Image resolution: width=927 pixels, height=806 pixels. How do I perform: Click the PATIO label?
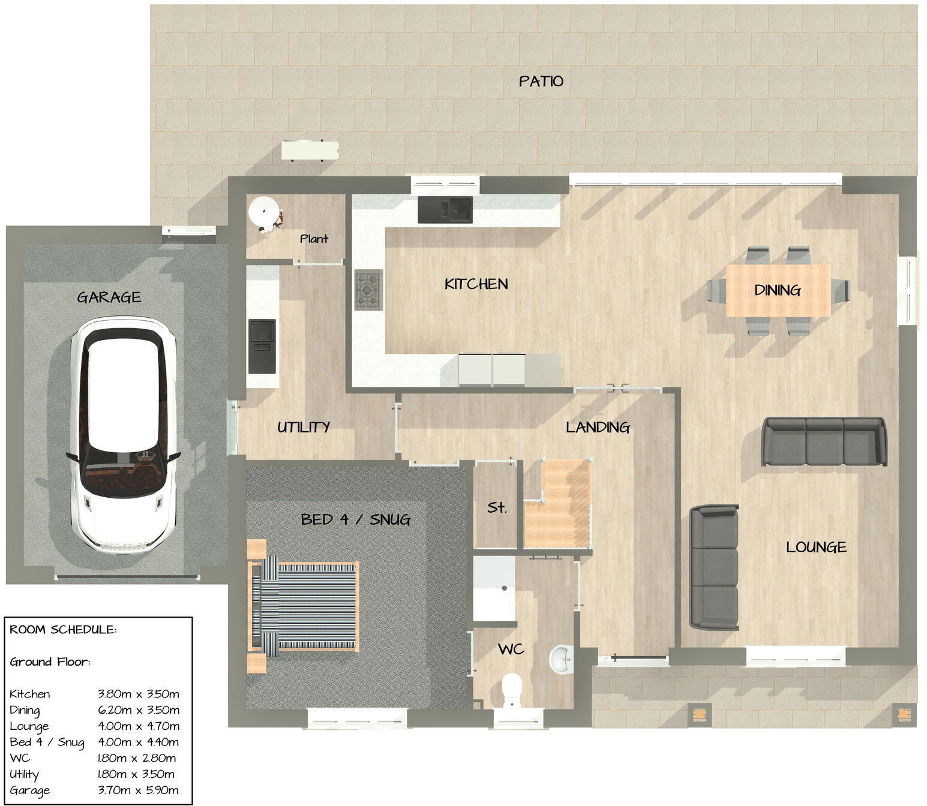tap(541, 81)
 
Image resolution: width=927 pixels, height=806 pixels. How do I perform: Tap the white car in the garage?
tap(123, 435)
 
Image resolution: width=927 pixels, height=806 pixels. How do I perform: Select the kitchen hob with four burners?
tap(368, 290)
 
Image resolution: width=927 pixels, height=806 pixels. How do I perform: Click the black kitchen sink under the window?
tap(445, 210)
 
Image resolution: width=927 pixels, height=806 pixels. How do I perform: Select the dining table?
tap(778, 290)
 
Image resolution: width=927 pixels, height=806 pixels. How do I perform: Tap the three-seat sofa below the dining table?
tap(824, 441)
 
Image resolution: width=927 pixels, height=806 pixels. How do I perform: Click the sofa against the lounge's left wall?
tap(714, 567)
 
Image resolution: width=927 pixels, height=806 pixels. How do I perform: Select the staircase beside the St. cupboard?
tap(558, 507)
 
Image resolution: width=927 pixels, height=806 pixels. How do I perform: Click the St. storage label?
tap(497, 507)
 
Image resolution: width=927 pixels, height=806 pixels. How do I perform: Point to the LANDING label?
tap(598, 427)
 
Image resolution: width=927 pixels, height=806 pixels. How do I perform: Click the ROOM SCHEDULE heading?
tap(63, 630)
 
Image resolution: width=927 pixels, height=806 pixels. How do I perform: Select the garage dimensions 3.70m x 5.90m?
tap(138, 790)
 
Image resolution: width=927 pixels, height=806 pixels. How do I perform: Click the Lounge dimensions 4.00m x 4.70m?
tap(138, 726)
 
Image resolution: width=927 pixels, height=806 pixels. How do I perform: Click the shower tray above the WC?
tap(494, 589)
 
